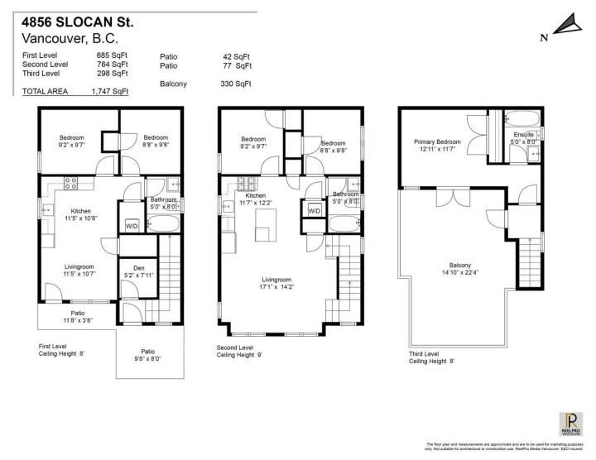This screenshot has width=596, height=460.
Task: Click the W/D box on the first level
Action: pyautogui.click(x=132, y=225)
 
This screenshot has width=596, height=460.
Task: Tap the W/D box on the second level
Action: pyautogui.click(x=314, y=211)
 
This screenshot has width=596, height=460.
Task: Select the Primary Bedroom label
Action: pyautogui.click(x=437, y=146)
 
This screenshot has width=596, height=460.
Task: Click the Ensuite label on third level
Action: pyautogui.click(x=523, y=138)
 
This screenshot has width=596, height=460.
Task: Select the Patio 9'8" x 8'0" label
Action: pyautogui.click(x=147, y=355)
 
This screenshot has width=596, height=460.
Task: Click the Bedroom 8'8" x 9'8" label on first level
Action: pyautogui.click(x=156, y=141)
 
